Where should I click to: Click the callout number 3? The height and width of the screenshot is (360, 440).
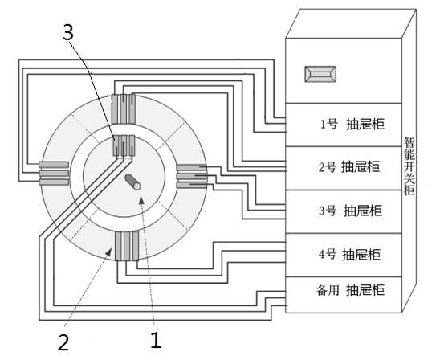(x=67, y=31)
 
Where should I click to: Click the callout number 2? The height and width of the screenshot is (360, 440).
(x=63, y=342)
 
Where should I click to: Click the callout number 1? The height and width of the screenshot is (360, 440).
(x=156, y=340)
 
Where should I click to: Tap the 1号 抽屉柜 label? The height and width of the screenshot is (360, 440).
(x=352, y=124)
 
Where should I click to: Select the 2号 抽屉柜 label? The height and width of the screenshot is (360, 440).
(x=349, y=167)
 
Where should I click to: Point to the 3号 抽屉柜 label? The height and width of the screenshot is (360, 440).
(x=351, y=211)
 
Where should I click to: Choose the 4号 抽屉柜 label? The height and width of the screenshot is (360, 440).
(x=349, y=255)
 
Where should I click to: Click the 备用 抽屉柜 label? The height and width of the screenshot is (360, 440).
(x=351, y=290)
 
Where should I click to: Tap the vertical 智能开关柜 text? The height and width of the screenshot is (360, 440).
(x=409, y=166)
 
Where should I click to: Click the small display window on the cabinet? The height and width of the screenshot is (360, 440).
(x=320, y=74)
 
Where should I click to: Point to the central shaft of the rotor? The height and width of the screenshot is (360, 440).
(x=132, y=182)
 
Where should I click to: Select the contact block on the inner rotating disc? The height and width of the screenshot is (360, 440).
(x=124, y=145)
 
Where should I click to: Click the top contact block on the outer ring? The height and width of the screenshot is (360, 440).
(x=124, y=109)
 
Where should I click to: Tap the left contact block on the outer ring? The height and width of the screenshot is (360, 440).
(x=54, y=174)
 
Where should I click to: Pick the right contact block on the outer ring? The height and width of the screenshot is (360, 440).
(x=192, y=176)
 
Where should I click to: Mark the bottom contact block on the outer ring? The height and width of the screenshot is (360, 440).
(x=127, y=246)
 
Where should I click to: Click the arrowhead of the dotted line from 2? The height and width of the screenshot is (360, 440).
(x=108, y=252)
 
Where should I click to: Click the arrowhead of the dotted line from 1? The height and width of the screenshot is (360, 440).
(x=141, y=199)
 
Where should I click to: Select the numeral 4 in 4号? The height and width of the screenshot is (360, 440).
(x=322, y=255)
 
